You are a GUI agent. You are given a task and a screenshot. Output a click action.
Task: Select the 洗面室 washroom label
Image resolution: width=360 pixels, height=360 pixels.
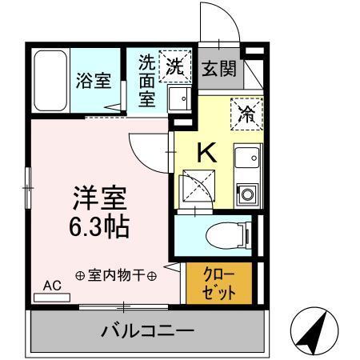point(146,81)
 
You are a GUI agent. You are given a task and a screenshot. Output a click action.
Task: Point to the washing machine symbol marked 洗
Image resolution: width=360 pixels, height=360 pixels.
point(176,66)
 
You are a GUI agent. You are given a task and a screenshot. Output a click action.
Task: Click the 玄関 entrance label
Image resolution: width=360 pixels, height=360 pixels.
point(218,68)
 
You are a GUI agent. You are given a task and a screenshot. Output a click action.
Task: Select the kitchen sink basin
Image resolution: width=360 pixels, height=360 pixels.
point(247,158)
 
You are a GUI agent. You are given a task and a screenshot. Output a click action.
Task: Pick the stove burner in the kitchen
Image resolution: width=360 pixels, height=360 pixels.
point(247,193)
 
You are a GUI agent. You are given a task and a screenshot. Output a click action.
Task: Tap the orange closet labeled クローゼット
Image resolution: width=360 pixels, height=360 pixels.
point(218,282)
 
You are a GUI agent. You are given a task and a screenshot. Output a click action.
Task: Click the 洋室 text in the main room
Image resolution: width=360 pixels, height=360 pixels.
point(100,198)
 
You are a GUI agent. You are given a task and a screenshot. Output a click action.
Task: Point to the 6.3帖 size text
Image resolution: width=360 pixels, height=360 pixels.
point(101,227)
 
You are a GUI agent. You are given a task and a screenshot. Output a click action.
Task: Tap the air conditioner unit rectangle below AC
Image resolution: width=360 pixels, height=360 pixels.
point(52,298)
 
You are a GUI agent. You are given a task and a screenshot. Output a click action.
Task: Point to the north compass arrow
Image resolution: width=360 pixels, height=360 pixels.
point(313,329)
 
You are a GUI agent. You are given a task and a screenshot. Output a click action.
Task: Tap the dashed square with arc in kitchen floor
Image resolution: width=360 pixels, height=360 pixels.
point(194,187)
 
